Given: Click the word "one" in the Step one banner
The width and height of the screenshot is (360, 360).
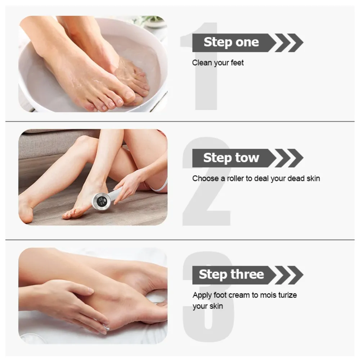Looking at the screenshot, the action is tap(247, 42).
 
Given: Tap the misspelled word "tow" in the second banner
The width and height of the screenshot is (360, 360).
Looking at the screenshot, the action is tap(247, 158).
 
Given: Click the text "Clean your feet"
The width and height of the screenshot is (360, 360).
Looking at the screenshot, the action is tap(218, 63).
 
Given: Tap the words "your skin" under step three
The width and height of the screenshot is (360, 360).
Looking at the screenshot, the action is tap(208, 306).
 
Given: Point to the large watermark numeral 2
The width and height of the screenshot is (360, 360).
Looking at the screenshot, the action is tap(207, 181).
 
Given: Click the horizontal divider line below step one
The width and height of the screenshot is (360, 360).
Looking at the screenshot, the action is tap(180, 121).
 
